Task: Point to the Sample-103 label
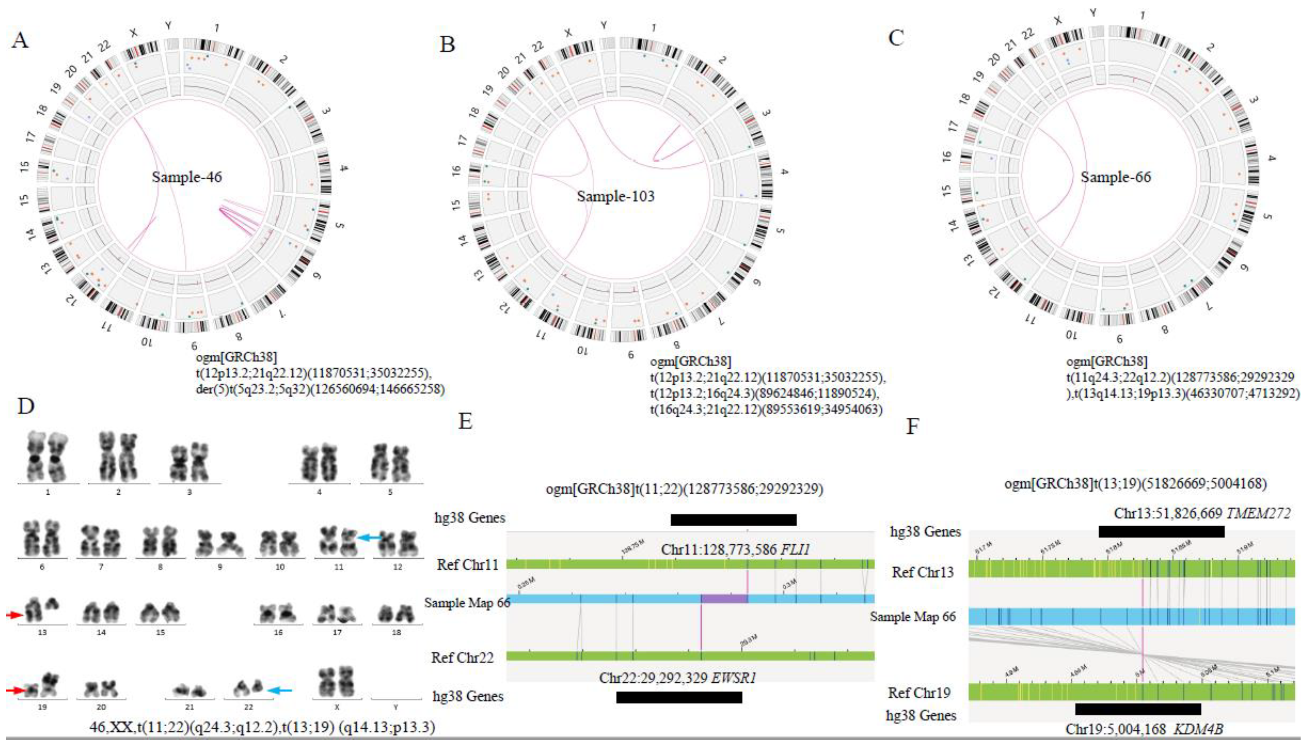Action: tap(616, 196)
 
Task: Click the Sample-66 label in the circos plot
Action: tap(1115, 177)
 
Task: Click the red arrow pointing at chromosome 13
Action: tap(14, 615)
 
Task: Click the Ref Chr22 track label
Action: tap(462, 657)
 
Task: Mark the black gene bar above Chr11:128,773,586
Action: tap(733, 520)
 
